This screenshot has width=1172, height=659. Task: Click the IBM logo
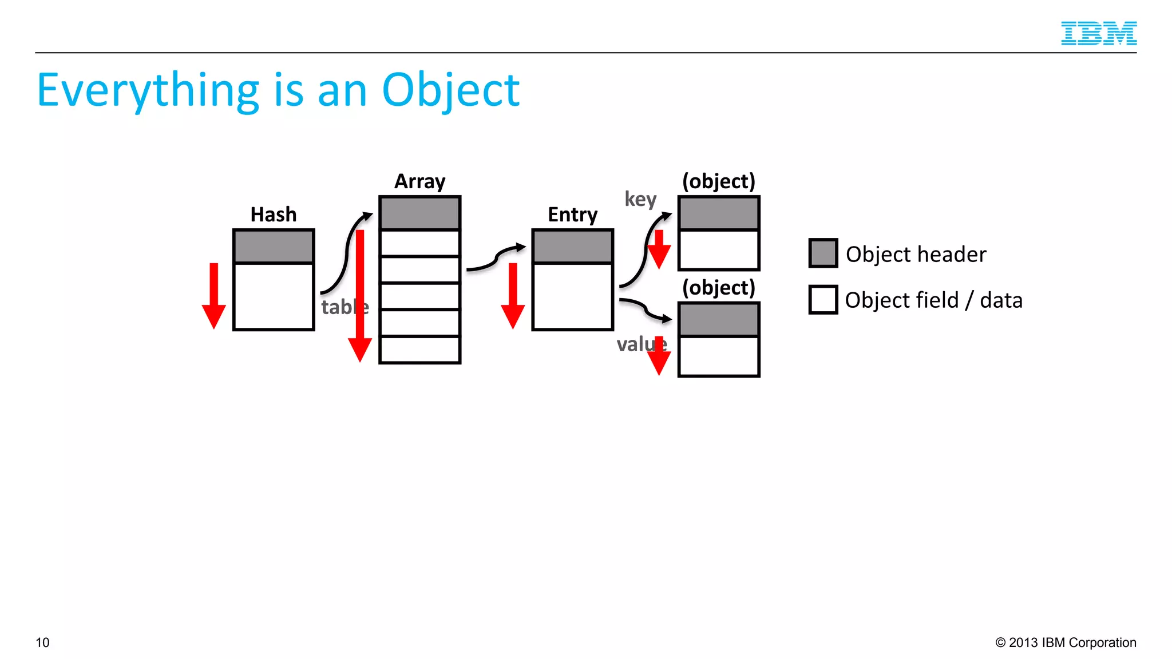pos(1098,33)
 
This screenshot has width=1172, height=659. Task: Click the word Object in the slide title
pos(450,90)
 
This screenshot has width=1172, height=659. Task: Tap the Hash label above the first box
pos(274,215)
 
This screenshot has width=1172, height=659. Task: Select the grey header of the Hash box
pos(274,247)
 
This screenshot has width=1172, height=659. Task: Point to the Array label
pos(419,181)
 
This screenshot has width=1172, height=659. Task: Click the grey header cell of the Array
pos(419,213)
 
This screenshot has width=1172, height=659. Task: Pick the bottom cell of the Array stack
pos(419,349)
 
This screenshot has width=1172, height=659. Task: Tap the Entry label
pos(572,215)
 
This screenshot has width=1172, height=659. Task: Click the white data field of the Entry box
pos(572,296)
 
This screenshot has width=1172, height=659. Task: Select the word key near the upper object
pos(640,199)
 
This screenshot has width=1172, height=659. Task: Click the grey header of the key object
pos(719,213)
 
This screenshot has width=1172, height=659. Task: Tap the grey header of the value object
pos(719,319)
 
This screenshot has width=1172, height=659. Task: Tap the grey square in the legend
pos(823,253)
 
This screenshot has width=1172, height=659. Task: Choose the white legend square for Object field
pos(823,300)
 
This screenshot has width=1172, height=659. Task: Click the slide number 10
pos(42,642)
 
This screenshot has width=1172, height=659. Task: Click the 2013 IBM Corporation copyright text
pos(1066,642)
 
